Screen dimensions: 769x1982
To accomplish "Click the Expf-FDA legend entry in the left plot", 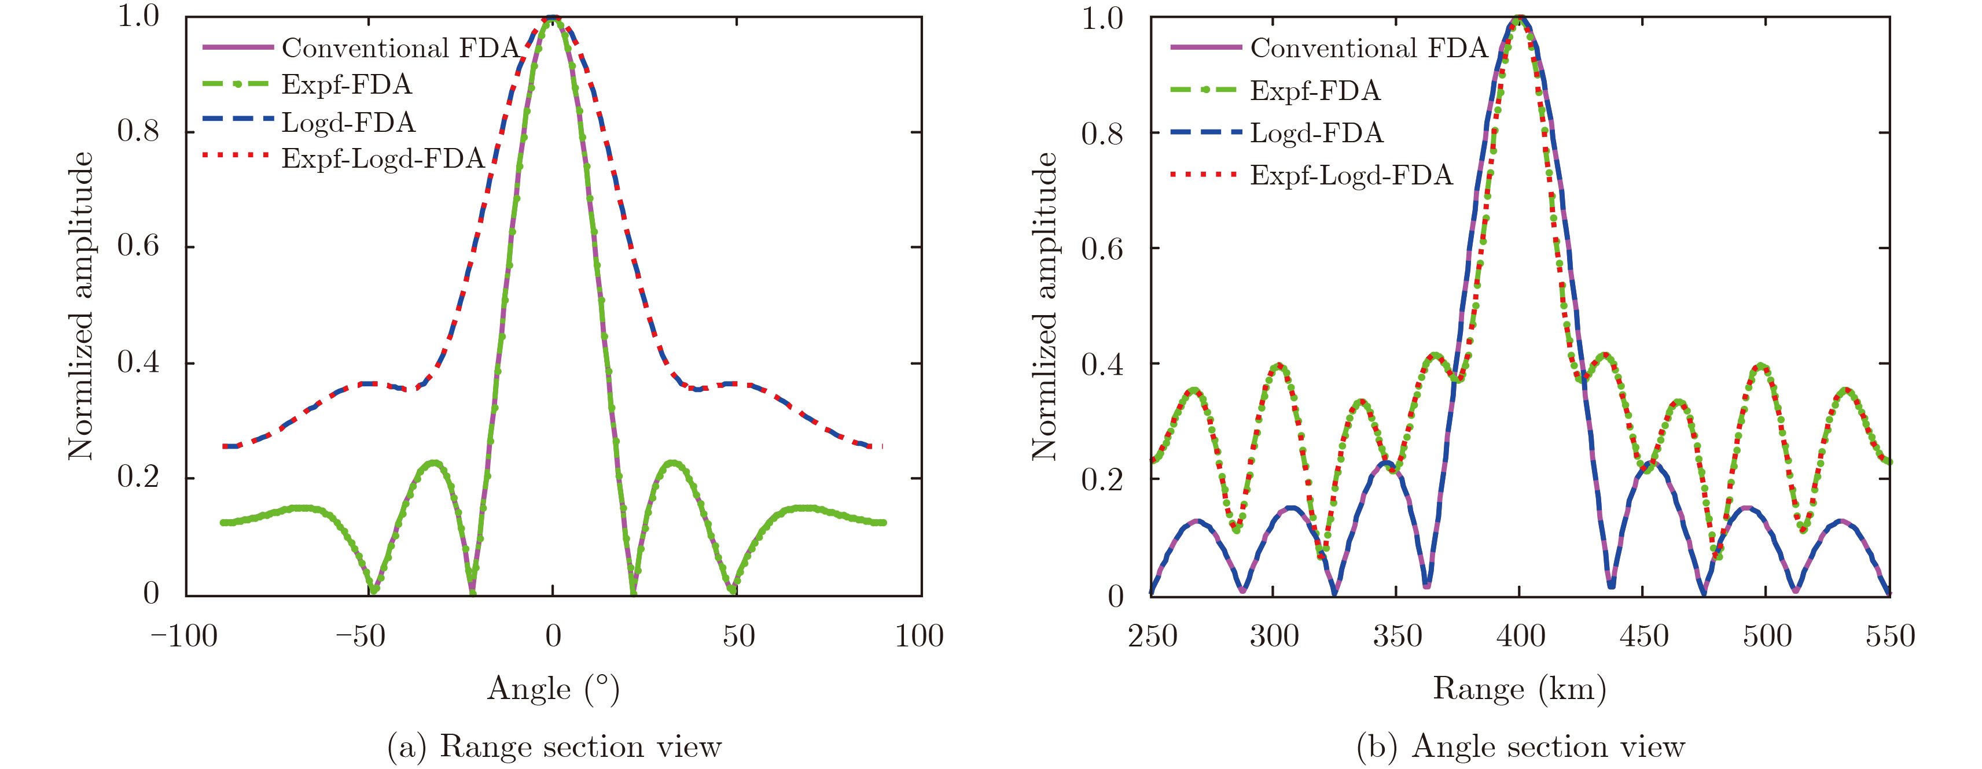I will [x=346, y=84].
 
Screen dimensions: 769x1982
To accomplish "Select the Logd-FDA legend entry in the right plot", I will [x=1317, y=133].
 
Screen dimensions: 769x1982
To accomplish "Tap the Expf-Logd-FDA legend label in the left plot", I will [x=383, y=158].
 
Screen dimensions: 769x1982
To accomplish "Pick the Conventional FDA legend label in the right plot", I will [x=1369, y=47].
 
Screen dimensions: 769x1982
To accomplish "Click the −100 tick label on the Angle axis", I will [x=184, y=637].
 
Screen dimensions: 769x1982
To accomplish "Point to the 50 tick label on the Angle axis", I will [x=738, y=637].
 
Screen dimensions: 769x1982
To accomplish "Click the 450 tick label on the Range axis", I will [x=1643, y=637].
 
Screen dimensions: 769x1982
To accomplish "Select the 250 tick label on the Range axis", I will [x=1152, y=637].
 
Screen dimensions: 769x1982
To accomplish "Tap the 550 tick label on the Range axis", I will [x=1889, y=637].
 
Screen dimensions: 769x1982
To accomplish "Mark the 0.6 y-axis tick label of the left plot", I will [x=138, y=246].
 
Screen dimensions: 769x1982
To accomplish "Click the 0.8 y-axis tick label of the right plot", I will [x=1102, y=134].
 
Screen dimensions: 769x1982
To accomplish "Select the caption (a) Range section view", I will [x=554, y=746].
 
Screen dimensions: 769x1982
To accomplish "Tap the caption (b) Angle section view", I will [x=1520, y=746].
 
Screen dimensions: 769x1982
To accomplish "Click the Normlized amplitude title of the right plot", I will [x=1044, y=306].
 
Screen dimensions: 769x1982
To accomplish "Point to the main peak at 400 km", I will [x=1520, y=19].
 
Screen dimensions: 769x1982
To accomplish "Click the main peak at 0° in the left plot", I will [x=553, y=19].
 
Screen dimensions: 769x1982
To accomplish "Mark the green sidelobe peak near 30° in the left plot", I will [x=673, y=463].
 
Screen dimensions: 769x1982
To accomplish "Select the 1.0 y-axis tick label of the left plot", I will [x=138, y=16].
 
